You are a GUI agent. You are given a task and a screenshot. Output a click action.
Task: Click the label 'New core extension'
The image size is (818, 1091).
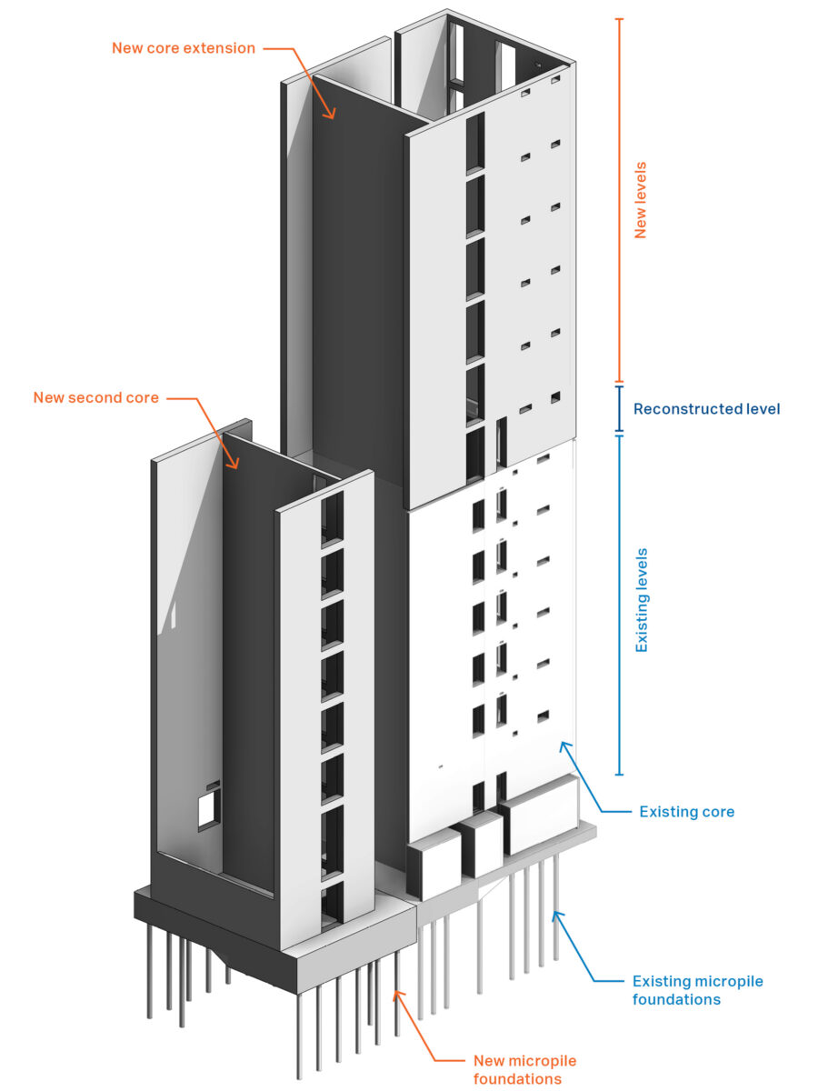tap(184, 48)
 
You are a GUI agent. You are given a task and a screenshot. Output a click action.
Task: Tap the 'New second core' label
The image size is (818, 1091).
tap(95, 397)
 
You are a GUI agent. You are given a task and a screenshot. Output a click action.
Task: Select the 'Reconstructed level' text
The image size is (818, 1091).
tap(706, 409)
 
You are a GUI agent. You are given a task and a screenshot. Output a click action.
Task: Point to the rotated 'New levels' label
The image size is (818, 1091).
tap(641, 200)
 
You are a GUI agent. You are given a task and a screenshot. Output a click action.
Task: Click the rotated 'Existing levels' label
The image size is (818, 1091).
tap(642, 600)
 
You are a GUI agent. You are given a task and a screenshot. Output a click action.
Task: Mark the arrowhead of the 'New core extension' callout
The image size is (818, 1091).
tap(330, 115)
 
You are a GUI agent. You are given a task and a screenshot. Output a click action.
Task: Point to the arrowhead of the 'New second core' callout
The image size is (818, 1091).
tap(234, 464)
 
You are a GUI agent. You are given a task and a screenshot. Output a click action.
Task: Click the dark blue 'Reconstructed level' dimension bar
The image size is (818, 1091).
tap(619, 408)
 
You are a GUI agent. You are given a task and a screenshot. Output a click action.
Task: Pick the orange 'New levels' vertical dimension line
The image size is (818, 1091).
tap(619, 200)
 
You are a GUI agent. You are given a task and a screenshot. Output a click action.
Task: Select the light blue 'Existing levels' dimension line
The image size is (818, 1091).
tap(619, 605)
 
